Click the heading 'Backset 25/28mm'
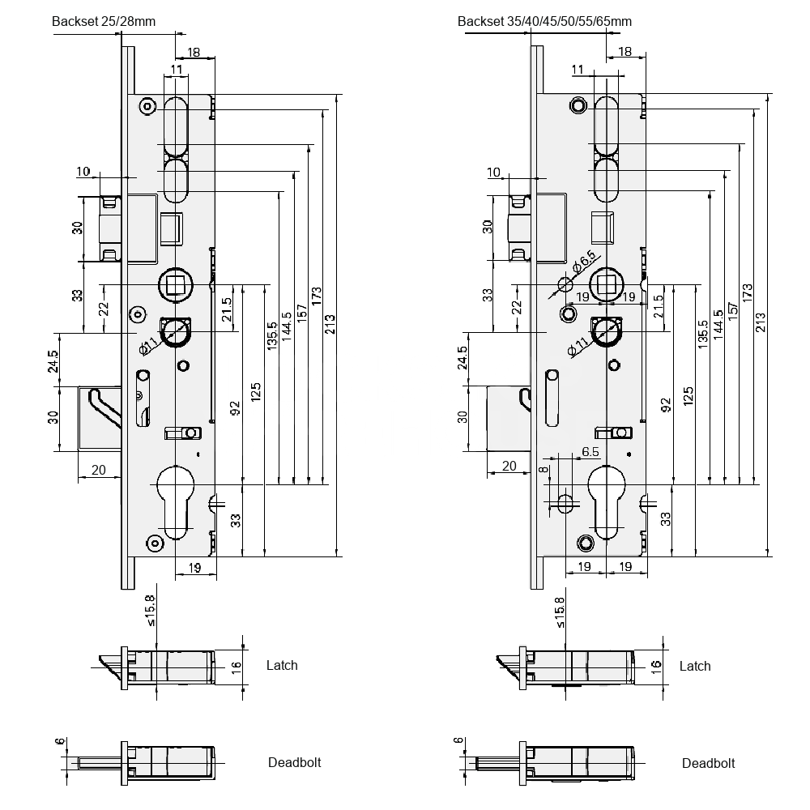pos(103,22)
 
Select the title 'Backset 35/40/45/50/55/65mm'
pos(544,22)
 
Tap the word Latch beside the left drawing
pos(282,665)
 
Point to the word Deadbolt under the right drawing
pos(708,763)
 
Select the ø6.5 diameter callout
pos(585,262)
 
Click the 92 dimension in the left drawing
pos(235,407)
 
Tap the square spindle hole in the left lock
pos(176,283)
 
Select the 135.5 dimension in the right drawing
pos(703,335)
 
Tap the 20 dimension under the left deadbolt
pos(99,470)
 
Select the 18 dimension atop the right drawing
pos(625,52)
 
